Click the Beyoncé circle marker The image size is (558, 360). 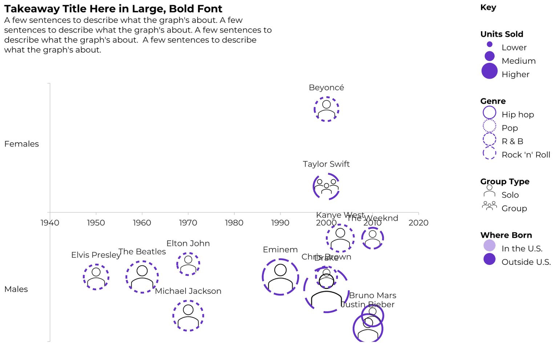tap(326, 109)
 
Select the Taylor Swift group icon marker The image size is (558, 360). tap(326, 186)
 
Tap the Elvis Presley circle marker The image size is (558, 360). tap(96, 277)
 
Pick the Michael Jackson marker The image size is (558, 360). tap(188, 316)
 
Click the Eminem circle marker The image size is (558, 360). tap(280, 277)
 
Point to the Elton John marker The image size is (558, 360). tap(188, 264)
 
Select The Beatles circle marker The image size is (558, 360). tap(142, 277)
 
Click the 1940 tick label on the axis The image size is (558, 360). tap(50, 223)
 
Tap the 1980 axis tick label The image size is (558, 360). tap(234, 223)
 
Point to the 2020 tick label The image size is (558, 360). tap(418, 223)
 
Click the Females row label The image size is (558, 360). tap(21, 144)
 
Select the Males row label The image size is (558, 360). tap(16, 289)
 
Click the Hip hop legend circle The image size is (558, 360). tap(489, 113)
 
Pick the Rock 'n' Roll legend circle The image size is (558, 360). tap(489, 153)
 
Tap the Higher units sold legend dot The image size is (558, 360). tap(489, 71)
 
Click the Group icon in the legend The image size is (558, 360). tap(489, 206)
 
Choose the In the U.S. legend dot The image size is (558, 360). tap(489, 246)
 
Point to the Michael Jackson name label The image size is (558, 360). tap(188, 291)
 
